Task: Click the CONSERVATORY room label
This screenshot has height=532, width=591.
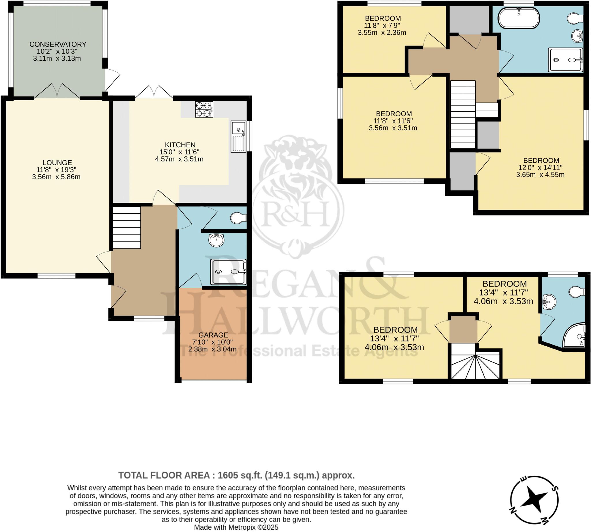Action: (58, 44)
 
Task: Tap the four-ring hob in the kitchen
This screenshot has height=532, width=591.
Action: (204, 109)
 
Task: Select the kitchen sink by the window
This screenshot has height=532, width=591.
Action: (238, 137)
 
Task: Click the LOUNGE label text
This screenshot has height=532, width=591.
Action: (57, 163)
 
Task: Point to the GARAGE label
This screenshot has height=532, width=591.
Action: (213, 335)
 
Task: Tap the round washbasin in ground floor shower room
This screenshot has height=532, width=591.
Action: (216, 240)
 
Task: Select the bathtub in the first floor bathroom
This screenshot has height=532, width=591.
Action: (519, 18)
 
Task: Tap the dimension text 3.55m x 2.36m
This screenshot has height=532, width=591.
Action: (382, 32)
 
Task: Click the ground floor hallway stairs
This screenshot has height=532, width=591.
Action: (126, 227)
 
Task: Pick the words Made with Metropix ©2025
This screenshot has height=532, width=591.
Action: (236, 527)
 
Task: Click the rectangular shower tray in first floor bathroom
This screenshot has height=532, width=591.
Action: (566, 60)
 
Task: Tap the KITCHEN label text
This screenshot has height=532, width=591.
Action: (180, 145)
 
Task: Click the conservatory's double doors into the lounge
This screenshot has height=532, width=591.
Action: (57, 91)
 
